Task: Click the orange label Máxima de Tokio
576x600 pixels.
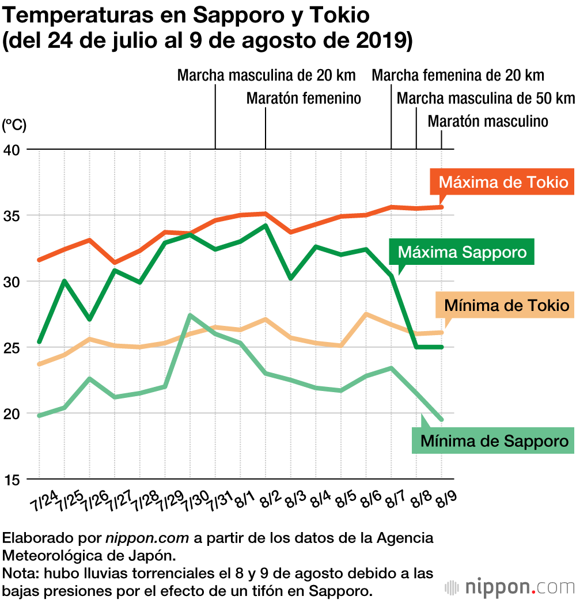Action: pos(503,183)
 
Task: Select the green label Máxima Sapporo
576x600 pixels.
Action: pos(462,252)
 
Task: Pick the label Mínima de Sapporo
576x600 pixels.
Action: pos(494,441)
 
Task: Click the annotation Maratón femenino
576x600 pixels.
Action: pos(304,98)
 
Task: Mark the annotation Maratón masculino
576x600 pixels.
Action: pos(488,121)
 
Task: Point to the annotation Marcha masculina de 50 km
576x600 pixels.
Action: pos(486,98)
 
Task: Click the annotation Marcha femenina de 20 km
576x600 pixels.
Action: pos(458,75)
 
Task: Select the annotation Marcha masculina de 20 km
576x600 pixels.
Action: pos(266,75)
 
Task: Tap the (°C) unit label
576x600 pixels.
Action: pos(14,124)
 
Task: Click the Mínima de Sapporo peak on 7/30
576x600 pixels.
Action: pos(190,315)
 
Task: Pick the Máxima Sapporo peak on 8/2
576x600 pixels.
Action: pos(266,225)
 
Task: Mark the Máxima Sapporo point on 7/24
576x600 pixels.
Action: pos(39,342)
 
